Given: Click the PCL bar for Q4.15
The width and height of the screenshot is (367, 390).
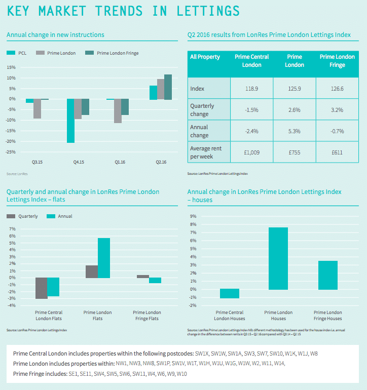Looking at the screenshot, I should (70, 121).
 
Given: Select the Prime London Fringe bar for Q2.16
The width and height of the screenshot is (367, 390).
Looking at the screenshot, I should (168, 87).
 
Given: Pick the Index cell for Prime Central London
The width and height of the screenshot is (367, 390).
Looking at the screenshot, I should (252, 89).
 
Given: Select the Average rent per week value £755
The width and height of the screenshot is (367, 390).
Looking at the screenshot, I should (295, 152).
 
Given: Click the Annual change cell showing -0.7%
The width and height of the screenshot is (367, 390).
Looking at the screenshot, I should (337, 131).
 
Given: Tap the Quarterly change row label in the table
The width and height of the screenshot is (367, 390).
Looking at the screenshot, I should (202, 110).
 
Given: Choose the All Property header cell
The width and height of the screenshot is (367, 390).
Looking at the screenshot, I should (205, 57).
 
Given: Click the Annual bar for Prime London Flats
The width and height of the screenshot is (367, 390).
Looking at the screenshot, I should (103, 258).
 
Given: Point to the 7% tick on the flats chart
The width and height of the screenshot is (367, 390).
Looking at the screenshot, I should (13, 229).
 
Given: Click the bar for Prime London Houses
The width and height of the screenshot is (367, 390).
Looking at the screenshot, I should (278, 258).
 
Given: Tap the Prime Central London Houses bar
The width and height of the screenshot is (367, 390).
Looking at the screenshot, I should (230, 293).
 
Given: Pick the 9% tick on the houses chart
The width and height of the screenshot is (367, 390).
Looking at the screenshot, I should (193, 216).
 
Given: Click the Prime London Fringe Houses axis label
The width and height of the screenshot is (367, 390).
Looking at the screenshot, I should (328, 316).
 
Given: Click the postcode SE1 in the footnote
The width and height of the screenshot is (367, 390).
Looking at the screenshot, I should (73, 373).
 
